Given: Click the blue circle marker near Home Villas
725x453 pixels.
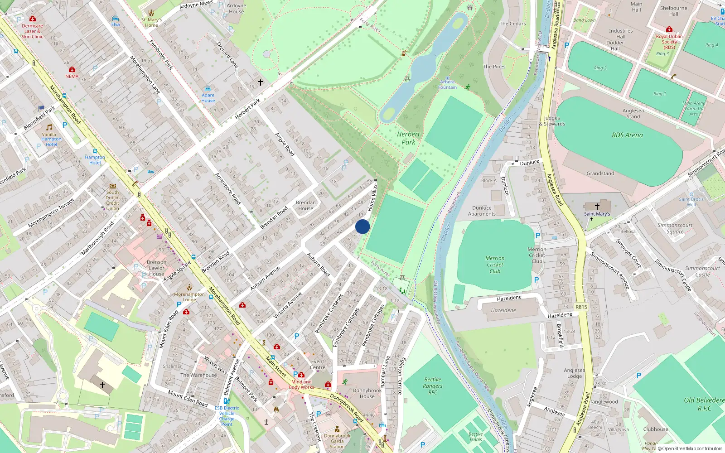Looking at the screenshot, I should pyautogui.click(x=362, y=226).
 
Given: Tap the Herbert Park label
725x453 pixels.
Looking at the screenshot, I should pyautogui.click(x=408, y=138).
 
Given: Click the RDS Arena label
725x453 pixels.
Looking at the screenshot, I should pyautogui.click(x=627, y=135).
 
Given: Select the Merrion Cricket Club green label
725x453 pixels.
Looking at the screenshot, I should pyautogui.click(x=495, y=265).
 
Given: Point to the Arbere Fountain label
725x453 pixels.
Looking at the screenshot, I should pyautogui.click(x=447, y=85).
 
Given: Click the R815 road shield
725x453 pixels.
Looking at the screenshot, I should pyautogui.click(x=581, y=307).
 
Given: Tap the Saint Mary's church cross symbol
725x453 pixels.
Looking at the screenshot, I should pyautogui.click(x=597, y=206).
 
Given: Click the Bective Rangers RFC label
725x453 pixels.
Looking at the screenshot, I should pyautogui.click(x=433, y=386).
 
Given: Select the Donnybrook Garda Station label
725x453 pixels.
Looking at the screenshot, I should pyautogui.click(x=337, y=441).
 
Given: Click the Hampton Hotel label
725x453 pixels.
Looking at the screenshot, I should pyautogui.click(x=95, y=160).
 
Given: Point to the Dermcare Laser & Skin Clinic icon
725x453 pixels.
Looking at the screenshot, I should pyautogui.click(x=33, y=19).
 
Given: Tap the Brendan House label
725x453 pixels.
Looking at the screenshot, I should pyautogui.click(x=306, y=206).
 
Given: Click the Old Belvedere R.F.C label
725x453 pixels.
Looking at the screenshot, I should pyautogui.click(x=704, y=404).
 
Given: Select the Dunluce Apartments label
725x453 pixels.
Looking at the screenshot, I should pyautogui.click(x=482, y=211).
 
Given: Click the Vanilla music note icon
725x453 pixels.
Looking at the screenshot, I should pyautogui.click(x=49, y=127).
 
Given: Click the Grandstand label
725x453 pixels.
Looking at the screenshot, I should pyautogui.click(x=600, y=173).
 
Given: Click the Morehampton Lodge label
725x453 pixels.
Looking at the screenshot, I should pyautogui.click(x=189, y=297).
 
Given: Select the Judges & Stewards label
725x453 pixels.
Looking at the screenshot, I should pyautogui.click(x=552, y=121).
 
